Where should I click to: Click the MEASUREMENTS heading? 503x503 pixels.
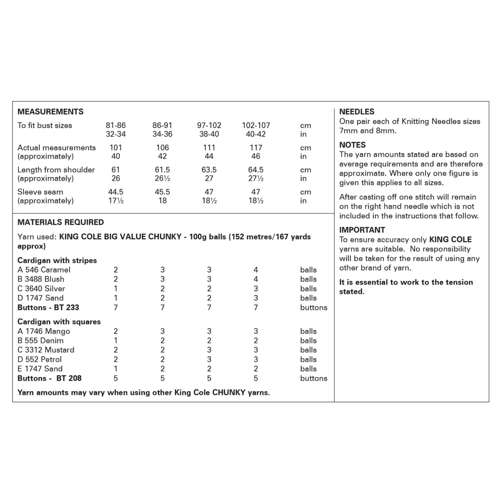50,112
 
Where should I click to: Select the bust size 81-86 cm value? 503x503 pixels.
116,125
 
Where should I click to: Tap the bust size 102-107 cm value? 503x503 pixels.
256,125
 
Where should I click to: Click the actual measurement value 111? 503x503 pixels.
209,147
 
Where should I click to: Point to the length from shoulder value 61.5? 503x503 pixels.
162,170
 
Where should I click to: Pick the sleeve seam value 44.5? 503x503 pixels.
116,192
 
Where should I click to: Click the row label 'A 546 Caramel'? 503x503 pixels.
44,270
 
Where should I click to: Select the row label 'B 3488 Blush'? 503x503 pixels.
41,279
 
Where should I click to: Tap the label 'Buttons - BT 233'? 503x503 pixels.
48,307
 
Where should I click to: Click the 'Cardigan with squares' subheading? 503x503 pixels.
59,322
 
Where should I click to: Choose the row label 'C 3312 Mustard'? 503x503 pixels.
46,350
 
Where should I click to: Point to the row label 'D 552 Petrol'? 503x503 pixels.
40,359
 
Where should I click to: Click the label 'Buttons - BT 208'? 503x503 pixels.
49,378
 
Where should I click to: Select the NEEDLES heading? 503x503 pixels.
357,112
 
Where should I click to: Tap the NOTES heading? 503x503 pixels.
352,145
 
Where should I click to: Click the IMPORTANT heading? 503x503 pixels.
362,230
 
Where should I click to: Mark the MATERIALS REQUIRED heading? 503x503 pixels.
61,222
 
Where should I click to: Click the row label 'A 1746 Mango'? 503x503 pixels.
44,331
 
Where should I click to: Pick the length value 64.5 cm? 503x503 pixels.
256,170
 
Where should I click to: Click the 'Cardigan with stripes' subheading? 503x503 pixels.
57,260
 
